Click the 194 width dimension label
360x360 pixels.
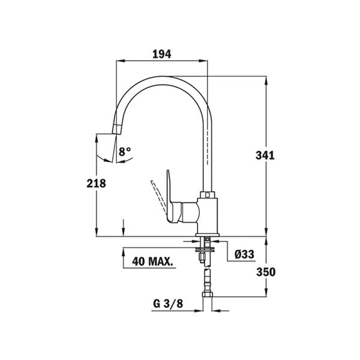pyautogui.click(x=162, y=55)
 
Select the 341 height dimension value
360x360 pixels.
pyautogui.click(x=265, y=155)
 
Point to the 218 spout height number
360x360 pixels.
pyautogui.click(x=96, y=184)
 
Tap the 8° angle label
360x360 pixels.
pyautogui.click(x=125, y=152)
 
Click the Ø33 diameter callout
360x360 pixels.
pyautogui.click(x=245, y=254)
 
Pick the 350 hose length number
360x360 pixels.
pyautogui.click(x=266, y=272)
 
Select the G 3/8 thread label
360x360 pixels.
pyautogui.click(x=168, y=304)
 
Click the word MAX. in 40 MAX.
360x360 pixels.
pyautogui.click(x=161, y=262)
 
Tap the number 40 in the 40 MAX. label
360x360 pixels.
pyautogui.click(x=138, y=262)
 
